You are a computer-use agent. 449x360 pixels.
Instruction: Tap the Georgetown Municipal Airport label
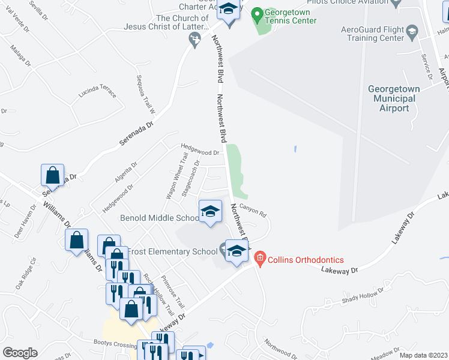point(394,98)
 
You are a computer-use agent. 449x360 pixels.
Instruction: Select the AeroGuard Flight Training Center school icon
point(412,31)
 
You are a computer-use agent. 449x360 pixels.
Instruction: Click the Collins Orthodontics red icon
point(260,259)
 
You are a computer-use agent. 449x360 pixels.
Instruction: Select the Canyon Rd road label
point(253,209)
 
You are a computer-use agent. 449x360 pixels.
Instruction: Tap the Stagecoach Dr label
point(190,176)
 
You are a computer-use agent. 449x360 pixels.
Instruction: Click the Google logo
point(20,353)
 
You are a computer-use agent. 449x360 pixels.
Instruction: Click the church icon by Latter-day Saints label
point(194,41)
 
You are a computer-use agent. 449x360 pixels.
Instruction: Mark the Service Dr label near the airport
point(427,66)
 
